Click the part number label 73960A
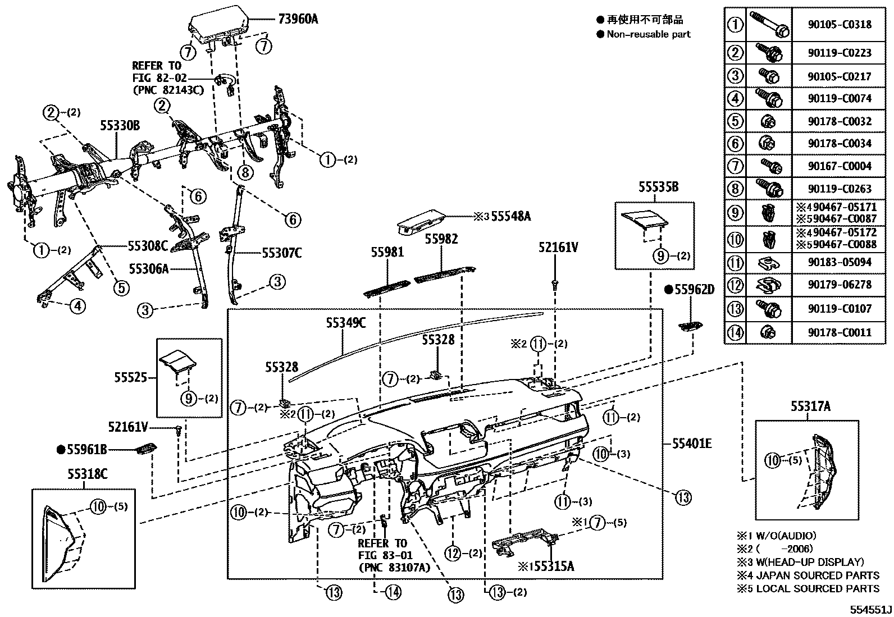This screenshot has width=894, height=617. click(x=298, y=19)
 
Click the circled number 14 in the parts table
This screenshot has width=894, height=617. click(x=735, y=332)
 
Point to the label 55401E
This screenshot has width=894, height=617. click(x=692, y=444)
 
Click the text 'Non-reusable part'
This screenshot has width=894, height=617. click(x=648, y=34)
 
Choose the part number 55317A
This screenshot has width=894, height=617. click(x=810, y=406)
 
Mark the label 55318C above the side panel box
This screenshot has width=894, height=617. click(x=88, y=474)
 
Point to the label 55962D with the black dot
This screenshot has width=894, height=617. click(x=694, y=290)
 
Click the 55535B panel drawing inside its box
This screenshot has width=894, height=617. click(x=644, y=220)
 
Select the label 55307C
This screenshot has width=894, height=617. click(x=281, y=253)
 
